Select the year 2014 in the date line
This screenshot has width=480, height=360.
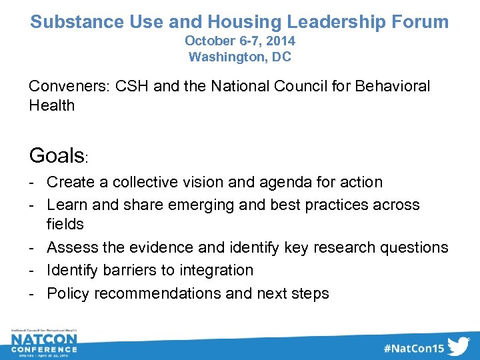[279, 41]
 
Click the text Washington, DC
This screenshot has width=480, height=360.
[240, 57]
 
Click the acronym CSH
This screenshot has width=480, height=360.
[129, 86]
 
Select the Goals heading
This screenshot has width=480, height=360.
[56, 155]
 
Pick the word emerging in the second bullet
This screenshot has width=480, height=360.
[197, 205]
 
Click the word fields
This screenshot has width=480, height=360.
[65, 223]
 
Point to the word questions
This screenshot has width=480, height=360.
[414, 247]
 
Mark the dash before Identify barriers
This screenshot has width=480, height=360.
[33, 270]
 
